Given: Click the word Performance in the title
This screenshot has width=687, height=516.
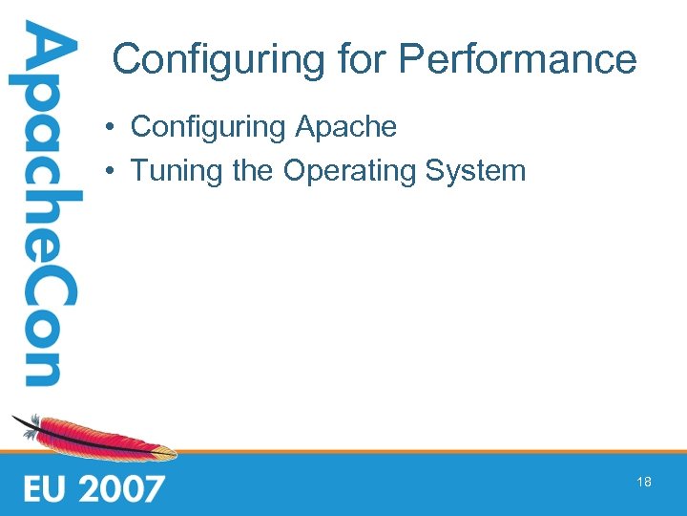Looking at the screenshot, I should (518, 59).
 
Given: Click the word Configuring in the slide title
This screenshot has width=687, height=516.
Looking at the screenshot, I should (219, 59).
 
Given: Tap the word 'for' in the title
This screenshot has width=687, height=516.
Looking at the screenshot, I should (361, 59).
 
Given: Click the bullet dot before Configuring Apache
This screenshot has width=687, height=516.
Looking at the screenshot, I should (112, 127).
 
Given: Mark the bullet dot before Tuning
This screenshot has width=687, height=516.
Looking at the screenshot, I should (112, 172).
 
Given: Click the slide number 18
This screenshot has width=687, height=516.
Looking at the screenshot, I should (644, 483).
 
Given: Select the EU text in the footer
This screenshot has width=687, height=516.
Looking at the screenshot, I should (49, 488).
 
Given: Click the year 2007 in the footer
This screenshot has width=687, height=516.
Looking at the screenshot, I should (123, 488).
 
